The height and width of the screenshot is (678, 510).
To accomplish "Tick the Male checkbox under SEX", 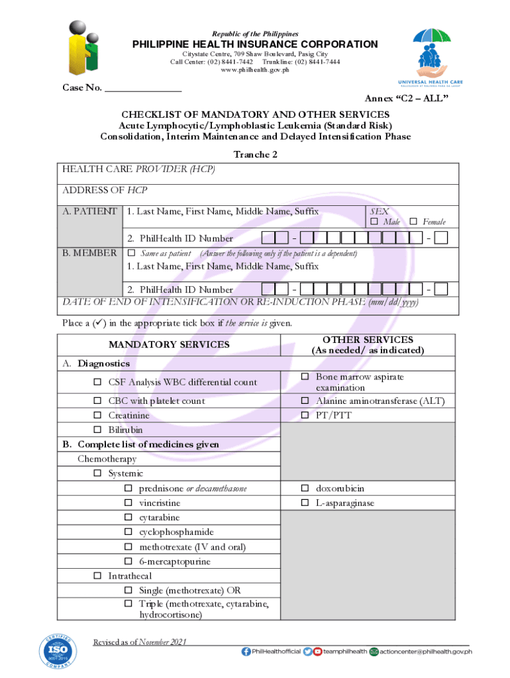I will [x=374, y=221].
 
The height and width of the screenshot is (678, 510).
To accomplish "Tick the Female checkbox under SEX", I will [x=413, y=221].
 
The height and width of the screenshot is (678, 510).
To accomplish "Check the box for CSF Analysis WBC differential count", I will [x=97, y=382].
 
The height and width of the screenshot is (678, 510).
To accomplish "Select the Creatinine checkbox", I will [x=97, y=416].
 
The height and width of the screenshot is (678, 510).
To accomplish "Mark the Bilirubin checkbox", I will [x=97, y=430].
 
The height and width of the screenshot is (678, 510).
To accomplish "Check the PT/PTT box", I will [x=305, y=416].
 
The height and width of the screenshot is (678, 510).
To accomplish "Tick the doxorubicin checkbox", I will [x=305, y=489].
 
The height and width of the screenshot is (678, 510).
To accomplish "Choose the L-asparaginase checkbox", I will [x=305, y=503].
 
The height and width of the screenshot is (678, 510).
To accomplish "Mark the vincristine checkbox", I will [x=128, y=503].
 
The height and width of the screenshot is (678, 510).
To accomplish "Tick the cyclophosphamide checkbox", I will [x=128, y=532].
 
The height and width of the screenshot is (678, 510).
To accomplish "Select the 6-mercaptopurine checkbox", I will [x=128, y=562].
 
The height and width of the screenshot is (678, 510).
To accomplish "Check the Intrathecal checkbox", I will [x=97, y=576].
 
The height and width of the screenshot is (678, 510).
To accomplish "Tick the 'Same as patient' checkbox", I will [x=130, y=254].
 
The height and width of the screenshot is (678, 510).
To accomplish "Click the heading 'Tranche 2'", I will [x=255, y=154].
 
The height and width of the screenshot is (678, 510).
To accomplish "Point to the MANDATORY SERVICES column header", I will [x=170, y=344].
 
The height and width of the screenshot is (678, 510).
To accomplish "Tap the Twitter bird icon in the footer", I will [x=307, y=652].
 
